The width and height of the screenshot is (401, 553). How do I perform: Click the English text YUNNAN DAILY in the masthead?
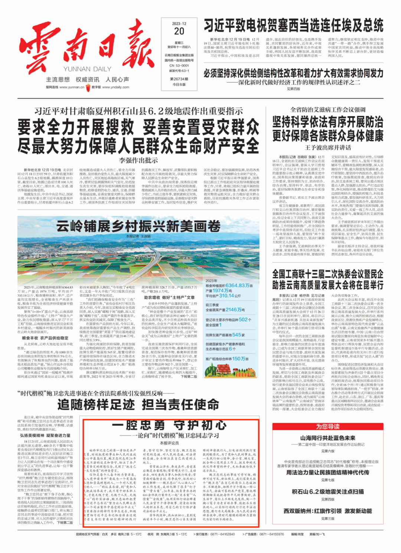tap(87, 69)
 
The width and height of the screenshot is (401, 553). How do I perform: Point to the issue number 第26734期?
tap(179, 79)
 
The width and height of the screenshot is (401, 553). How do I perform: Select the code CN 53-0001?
tap(179, 65)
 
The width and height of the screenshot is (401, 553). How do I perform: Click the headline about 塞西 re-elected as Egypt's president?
tap(293, 26)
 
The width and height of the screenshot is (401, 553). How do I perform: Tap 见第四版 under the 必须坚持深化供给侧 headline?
tap(293, 89)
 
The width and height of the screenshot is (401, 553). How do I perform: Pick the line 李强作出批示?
tap(138, 160)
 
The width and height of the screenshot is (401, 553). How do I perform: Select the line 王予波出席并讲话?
tap(328, 147)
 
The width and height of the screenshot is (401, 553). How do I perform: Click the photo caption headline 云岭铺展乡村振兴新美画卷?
tap(138, 226)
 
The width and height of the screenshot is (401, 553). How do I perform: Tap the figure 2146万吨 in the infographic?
tap(235, 309)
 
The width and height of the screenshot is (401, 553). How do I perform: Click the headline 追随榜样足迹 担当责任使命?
tap(138, 404)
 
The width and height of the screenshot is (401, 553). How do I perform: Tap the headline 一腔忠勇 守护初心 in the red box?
tap(169, 424)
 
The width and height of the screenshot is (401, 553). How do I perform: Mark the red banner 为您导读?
tap(328, 426)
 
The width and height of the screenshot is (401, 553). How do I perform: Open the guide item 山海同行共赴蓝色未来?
tap(328, 438)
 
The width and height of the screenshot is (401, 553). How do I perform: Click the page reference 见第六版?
tap(328, 451)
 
